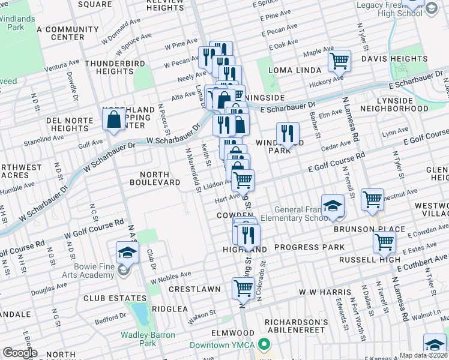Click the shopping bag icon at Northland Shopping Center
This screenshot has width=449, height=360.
pos(113,120)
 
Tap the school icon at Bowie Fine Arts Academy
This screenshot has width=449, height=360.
pos(127,253)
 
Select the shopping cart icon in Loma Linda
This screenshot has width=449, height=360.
pos(340,61)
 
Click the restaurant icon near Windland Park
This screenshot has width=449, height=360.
pos(288,134)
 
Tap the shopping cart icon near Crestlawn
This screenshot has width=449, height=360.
pos(243,288)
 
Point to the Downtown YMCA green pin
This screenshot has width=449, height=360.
pos(263,344)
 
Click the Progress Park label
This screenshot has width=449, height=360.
pos(310,247)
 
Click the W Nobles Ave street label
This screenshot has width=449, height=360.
pos(170,277)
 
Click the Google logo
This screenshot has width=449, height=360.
pos(20,353)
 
